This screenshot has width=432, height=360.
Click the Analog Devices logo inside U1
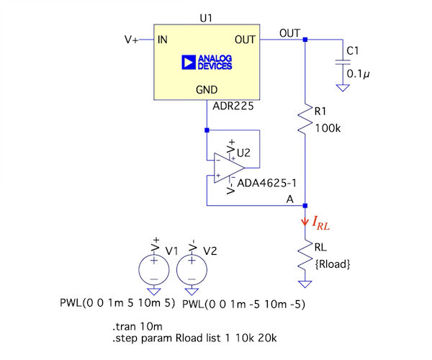tap(207, 62)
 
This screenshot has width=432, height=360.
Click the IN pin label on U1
tap(164, 40)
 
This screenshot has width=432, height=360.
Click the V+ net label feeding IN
tap(132, 40)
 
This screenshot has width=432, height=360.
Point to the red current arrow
tap(305, 223)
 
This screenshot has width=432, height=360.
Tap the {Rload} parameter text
tap(332, 264)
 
